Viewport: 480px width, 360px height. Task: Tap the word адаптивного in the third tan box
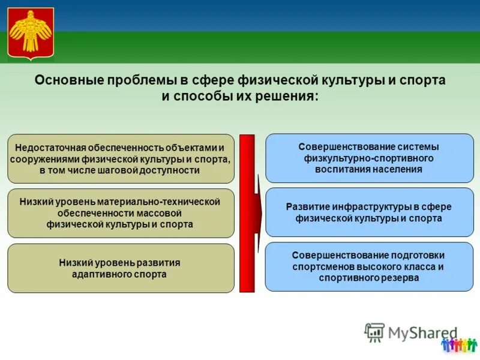pyautogui.click(x=100, y=274)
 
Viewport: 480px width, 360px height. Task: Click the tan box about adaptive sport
pyautogui.click(x=121, y=268)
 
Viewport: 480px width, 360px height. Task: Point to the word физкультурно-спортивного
pyautogui.click(x=368, y=158)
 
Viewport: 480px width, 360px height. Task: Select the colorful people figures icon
pyautogui.click(x=459, y=344)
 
